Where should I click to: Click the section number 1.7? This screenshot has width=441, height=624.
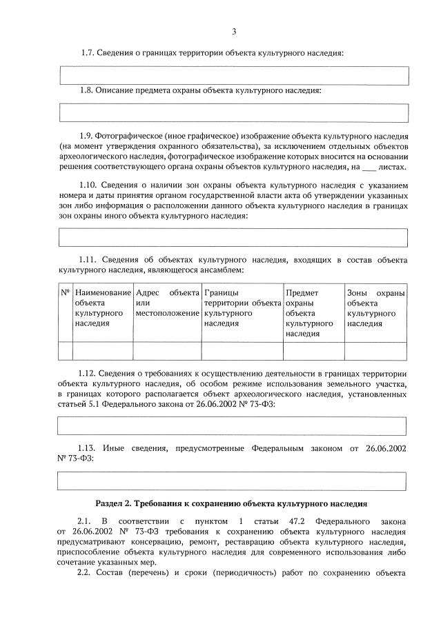[88, 53]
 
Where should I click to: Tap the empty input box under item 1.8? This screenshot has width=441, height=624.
[233, 112]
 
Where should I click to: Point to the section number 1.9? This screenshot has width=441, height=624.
[88, 136]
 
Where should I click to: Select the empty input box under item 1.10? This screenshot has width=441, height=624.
[233, 238]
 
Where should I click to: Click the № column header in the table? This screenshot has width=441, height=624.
[66, 292]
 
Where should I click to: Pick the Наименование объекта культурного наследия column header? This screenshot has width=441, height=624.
[102, 308]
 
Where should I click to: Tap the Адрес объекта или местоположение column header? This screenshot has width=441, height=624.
[167, 303]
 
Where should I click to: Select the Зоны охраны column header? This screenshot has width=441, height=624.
[375, 308]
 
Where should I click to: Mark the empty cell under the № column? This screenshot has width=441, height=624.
[66, 351]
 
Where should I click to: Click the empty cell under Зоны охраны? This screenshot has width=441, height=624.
[375, 351]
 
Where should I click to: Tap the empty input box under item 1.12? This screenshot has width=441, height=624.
[233, 426]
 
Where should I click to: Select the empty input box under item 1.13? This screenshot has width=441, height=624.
[233, 480]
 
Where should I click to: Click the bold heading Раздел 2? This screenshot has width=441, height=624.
[232, 504]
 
